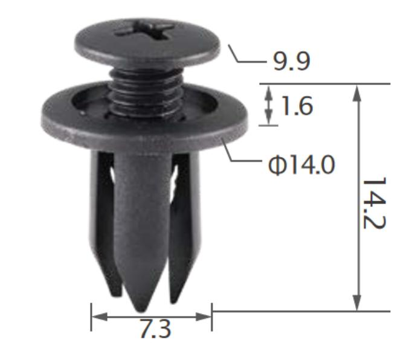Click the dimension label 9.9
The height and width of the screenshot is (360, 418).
(292, 62)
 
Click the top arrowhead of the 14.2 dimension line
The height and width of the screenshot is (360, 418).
(358, 91)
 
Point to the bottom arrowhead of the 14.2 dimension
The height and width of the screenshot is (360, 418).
(358, 304)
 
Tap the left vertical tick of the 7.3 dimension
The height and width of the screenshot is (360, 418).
(91, 317)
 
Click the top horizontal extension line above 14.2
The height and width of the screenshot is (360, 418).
(326, 84)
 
